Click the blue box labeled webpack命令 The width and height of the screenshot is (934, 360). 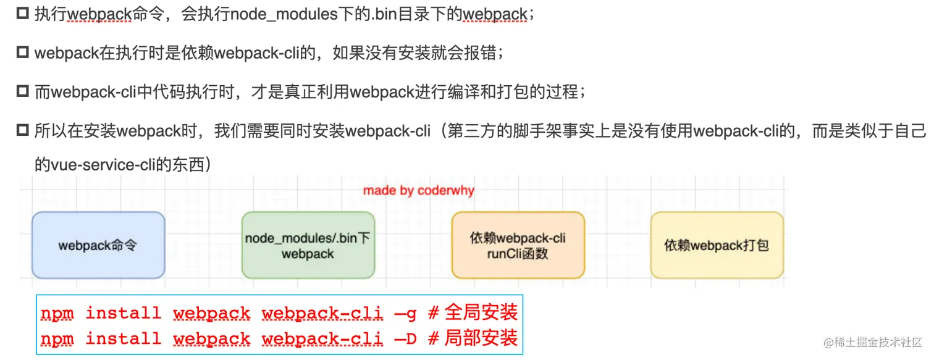[98, 245]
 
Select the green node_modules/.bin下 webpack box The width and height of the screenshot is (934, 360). [308, 245]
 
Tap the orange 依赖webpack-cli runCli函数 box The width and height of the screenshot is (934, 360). [518, 245]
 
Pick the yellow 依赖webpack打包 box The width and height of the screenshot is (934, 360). [717, 245]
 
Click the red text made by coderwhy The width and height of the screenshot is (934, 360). [419, 191]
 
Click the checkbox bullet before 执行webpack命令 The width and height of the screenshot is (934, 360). [23, 14]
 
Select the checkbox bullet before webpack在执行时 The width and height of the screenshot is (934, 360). [23, 53]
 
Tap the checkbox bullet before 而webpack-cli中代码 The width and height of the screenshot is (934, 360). [23, 92]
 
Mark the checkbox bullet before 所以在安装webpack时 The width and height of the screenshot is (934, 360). [23, 131]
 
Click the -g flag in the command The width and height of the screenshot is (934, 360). [405, 314]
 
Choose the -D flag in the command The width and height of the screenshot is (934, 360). [405, 339]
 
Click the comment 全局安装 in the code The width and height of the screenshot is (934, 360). [481, 312]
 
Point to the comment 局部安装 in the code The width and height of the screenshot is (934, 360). [481, 338]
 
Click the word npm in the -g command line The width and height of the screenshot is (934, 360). [57, 314]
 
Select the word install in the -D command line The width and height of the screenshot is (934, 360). [123, 339]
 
